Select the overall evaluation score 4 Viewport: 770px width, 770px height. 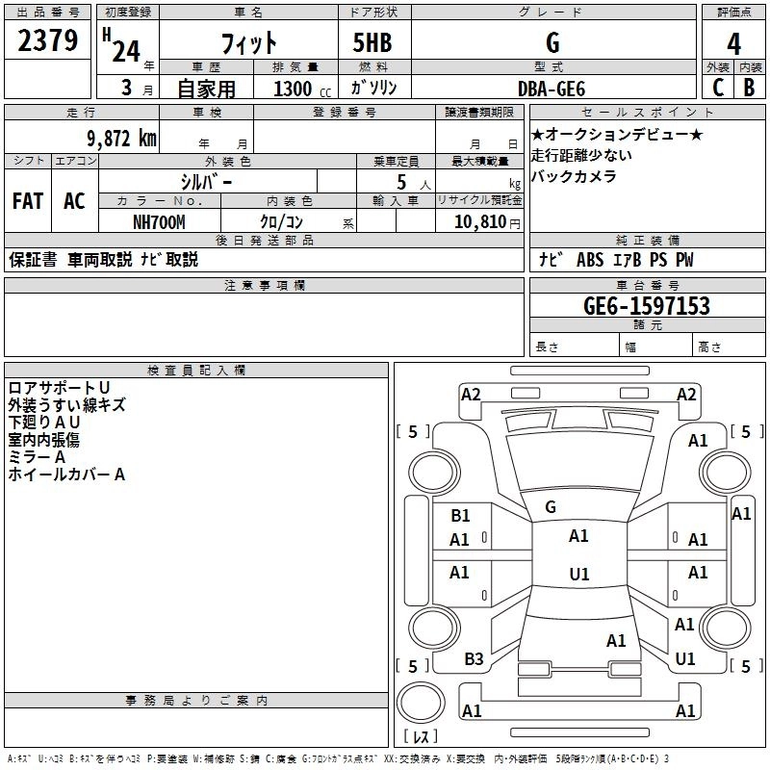coord(733,44)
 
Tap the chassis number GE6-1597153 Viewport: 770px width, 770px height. coord(647,306)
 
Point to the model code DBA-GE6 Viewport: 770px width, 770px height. coord(551,88)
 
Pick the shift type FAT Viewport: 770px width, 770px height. coord(27,201)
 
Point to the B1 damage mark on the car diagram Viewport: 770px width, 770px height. coord(460,516)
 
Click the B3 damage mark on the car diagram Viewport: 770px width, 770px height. coord(474,659)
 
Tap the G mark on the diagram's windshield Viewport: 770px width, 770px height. coord(551,507)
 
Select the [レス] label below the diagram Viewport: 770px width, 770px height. coord(420,738)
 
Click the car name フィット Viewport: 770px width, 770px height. coord(249,43)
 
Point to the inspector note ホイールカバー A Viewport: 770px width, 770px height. coord(66,475)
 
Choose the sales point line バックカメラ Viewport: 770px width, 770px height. coord(574,176)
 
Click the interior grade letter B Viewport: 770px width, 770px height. coord(749,88)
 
